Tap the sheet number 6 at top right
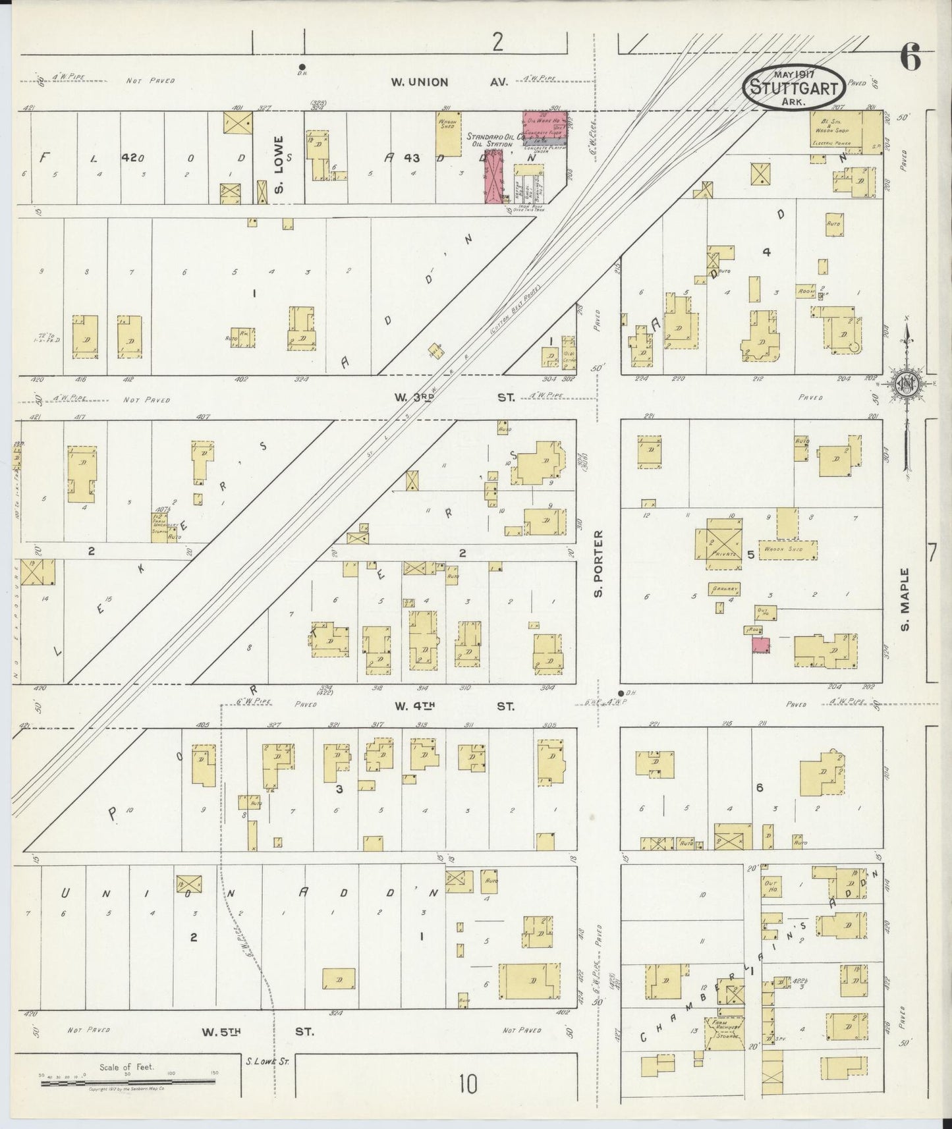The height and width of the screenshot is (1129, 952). [910, 60]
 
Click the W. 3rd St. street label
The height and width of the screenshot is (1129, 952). [454, 397]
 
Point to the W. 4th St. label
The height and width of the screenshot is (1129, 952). [454, 706]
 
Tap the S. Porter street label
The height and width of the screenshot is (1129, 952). [598, 566]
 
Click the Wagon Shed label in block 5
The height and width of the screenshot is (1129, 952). [787, 548]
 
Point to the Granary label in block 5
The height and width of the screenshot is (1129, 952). [721, 588]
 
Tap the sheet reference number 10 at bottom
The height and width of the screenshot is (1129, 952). [468, 1084]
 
